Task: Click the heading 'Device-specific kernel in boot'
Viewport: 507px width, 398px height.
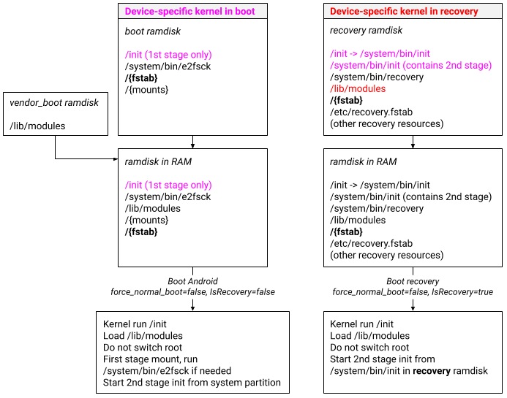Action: click(189, 12)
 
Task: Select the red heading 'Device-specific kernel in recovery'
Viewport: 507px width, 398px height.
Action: click(404, 12)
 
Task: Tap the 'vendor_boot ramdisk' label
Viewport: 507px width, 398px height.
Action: click(54, 103)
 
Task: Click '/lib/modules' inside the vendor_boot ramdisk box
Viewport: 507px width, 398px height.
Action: click(37, 126)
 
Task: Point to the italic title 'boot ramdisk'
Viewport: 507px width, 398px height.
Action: click(153, 31)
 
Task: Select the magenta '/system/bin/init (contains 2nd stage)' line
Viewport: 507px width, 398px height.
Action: click(410, 66)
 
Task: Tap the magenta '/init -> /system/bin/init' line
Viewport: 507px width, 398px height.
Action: click(380, 54)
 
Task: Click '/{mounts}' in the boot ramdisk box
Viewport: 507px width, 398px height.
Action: click(146, 89)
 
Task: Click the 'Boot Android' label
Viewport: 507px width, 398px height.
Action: click(192, 281)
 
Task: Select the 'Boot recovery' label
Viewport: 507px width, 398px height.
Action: click(413, 281)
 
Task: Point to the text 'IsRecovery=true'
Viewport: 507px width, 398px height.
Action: click(462, 292)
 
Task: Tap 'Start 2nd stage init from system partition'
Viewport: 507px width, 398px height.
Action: click(192, 383)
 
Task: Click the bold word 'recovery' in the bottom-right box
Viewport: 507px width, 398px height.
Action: click(435, 371)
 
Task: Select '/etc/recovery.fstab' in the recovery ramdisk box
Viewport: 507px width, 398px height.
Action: click(371, 112)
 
